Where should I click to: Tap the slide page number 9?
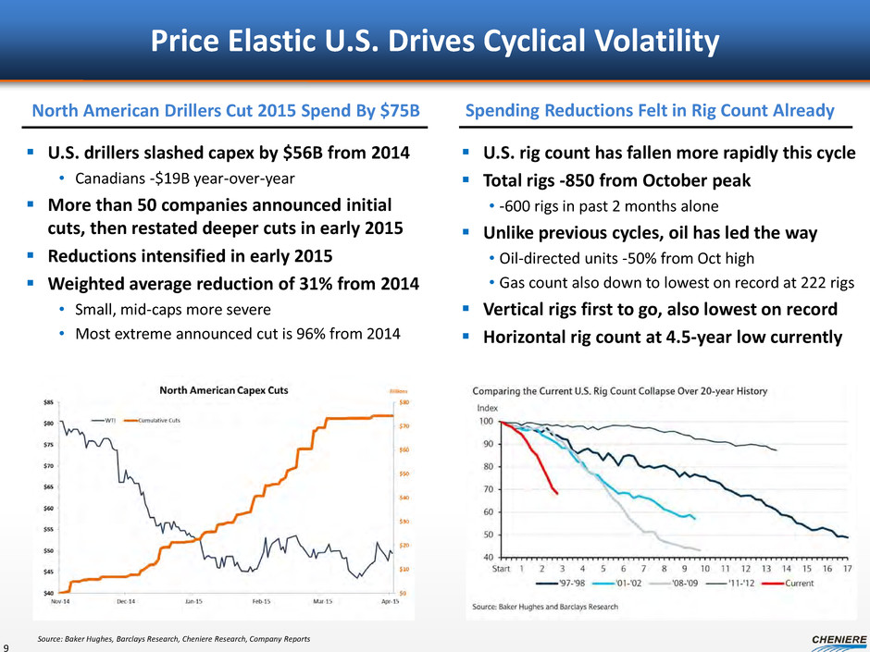(x=6, y=645)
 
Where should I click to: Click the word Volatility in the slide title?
(x=643, y=41)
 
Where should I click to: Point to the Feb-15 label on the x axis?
(x=262, y=602)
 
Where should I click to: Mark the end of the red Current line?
(x=556, y=495)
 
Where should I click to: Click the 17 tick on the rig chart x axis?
(x=845, y=570)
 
